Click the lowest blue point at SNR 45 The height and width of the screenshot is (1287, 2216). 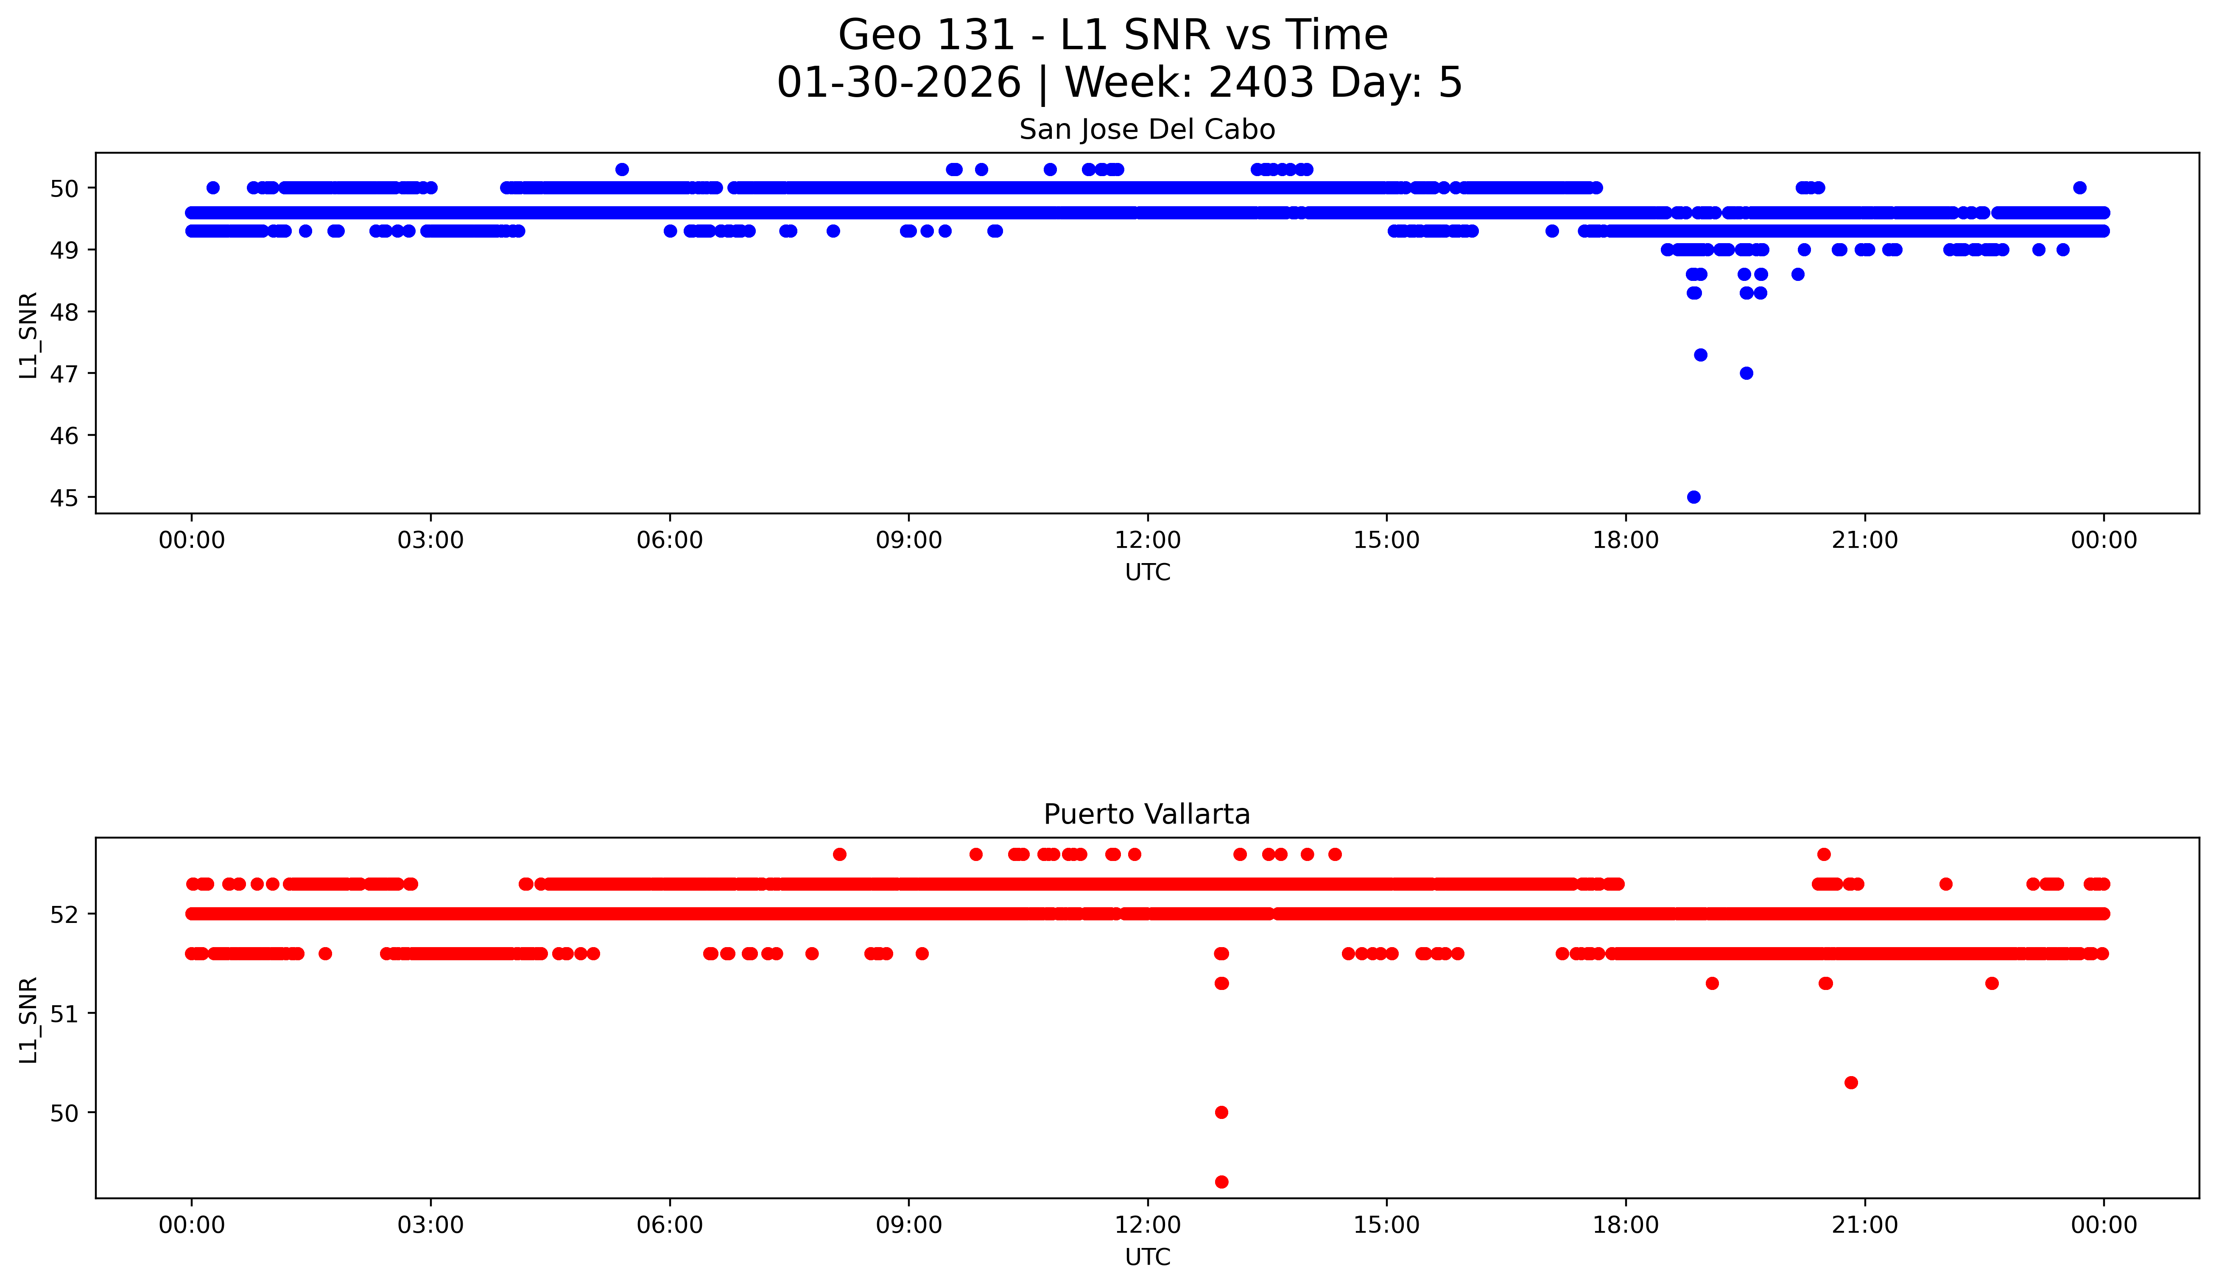coord(1693,497)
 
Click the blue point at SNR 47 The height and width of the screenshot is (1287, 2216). coord(1747,373)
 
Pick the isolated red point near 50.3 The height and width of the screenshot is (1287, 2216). coord(1851,1082)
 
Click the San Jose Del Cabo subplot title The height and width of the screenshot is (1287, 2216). coord(1147,130)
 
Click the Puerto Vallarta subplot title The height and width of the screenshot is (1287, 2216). coord(1147,815)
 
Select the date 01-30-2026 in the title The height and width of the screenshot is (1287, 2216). coord(899,83)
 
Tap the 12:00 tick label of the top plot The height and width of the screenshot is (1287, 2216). coord(1148,540)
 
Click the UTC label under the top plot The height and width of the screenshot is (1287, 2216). coord(1148,573)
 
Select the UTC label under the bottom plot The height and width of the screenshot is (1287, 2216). coord(1148,1257)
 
